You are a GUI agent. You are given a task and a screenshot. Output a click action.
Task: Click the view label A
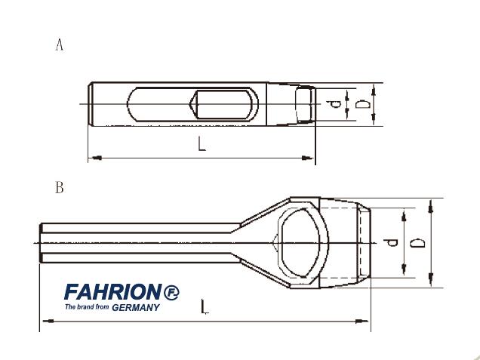pos(60,45)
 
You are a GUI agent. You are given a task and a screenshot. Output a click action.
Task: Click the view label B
pos(60,188)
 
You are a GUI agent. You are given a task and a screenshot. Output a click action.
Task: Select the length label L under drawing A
pos(202,143)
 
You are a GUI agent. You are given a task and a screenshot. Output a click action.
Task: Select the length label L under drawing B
pos(205,306)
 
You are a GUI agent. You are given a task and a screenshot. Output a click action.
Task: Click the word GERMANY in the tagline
pos(136,307)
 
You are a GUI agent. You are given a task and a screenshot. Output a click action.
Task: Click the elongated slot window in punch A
pos(192,103)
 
